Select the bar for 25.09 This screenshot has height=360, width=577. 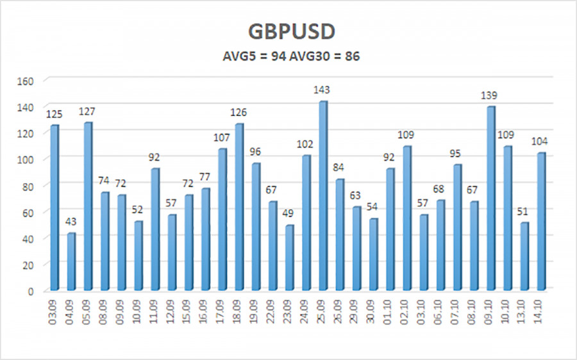point(322,195)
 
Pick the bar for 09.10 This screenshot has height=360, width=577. point(490,198)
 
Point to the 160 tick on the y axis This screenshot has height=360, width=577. point(25,81)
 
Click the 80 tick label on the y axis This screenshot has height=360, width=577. point(28,186)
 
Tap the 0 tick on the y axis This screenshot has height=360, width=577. point(30,291)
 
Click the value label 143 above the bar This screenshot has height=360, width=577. point(322,90)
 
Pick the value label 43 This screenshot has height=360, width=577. point(71,222)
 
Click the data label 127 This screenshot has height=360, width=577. point(88,111)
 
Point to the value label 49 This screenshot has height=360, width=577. point(289,214)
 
